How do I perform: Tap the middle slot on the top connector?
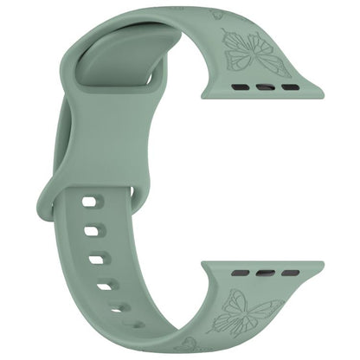point(266,88)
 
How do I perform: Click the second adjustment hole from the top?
point(93,232)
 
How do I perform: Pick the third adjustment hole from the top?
point(96,258)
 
